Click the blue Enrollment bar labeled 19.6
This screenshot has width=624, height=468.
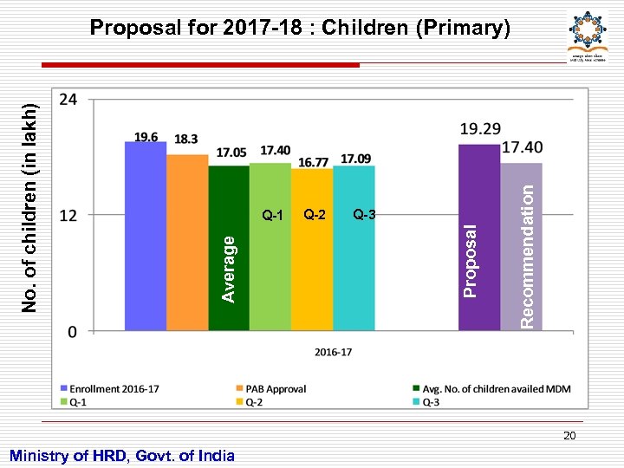coord(146,236)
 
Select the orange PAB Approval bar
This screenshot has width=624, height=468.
coord(187,243)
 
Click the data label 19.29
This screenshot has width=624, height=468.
coord(480,128)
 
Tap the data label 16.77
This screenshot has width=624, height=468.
coord(313,162)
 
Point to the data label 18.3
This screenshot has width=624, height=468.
coord(185,139)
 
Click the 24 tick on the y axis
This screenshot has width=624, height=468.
coord(68,100)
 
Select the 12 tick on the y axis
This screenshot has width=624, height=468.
coord(68,215)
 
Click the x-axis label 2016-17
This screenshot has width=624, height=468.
coord(333,352)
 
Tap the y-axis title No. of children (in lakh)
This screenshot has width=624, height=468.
coord(29,208)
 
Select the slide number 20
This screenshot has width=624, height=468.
coord(569,435)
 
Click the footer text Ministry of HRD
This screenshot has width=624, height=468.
coord(121,455)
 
